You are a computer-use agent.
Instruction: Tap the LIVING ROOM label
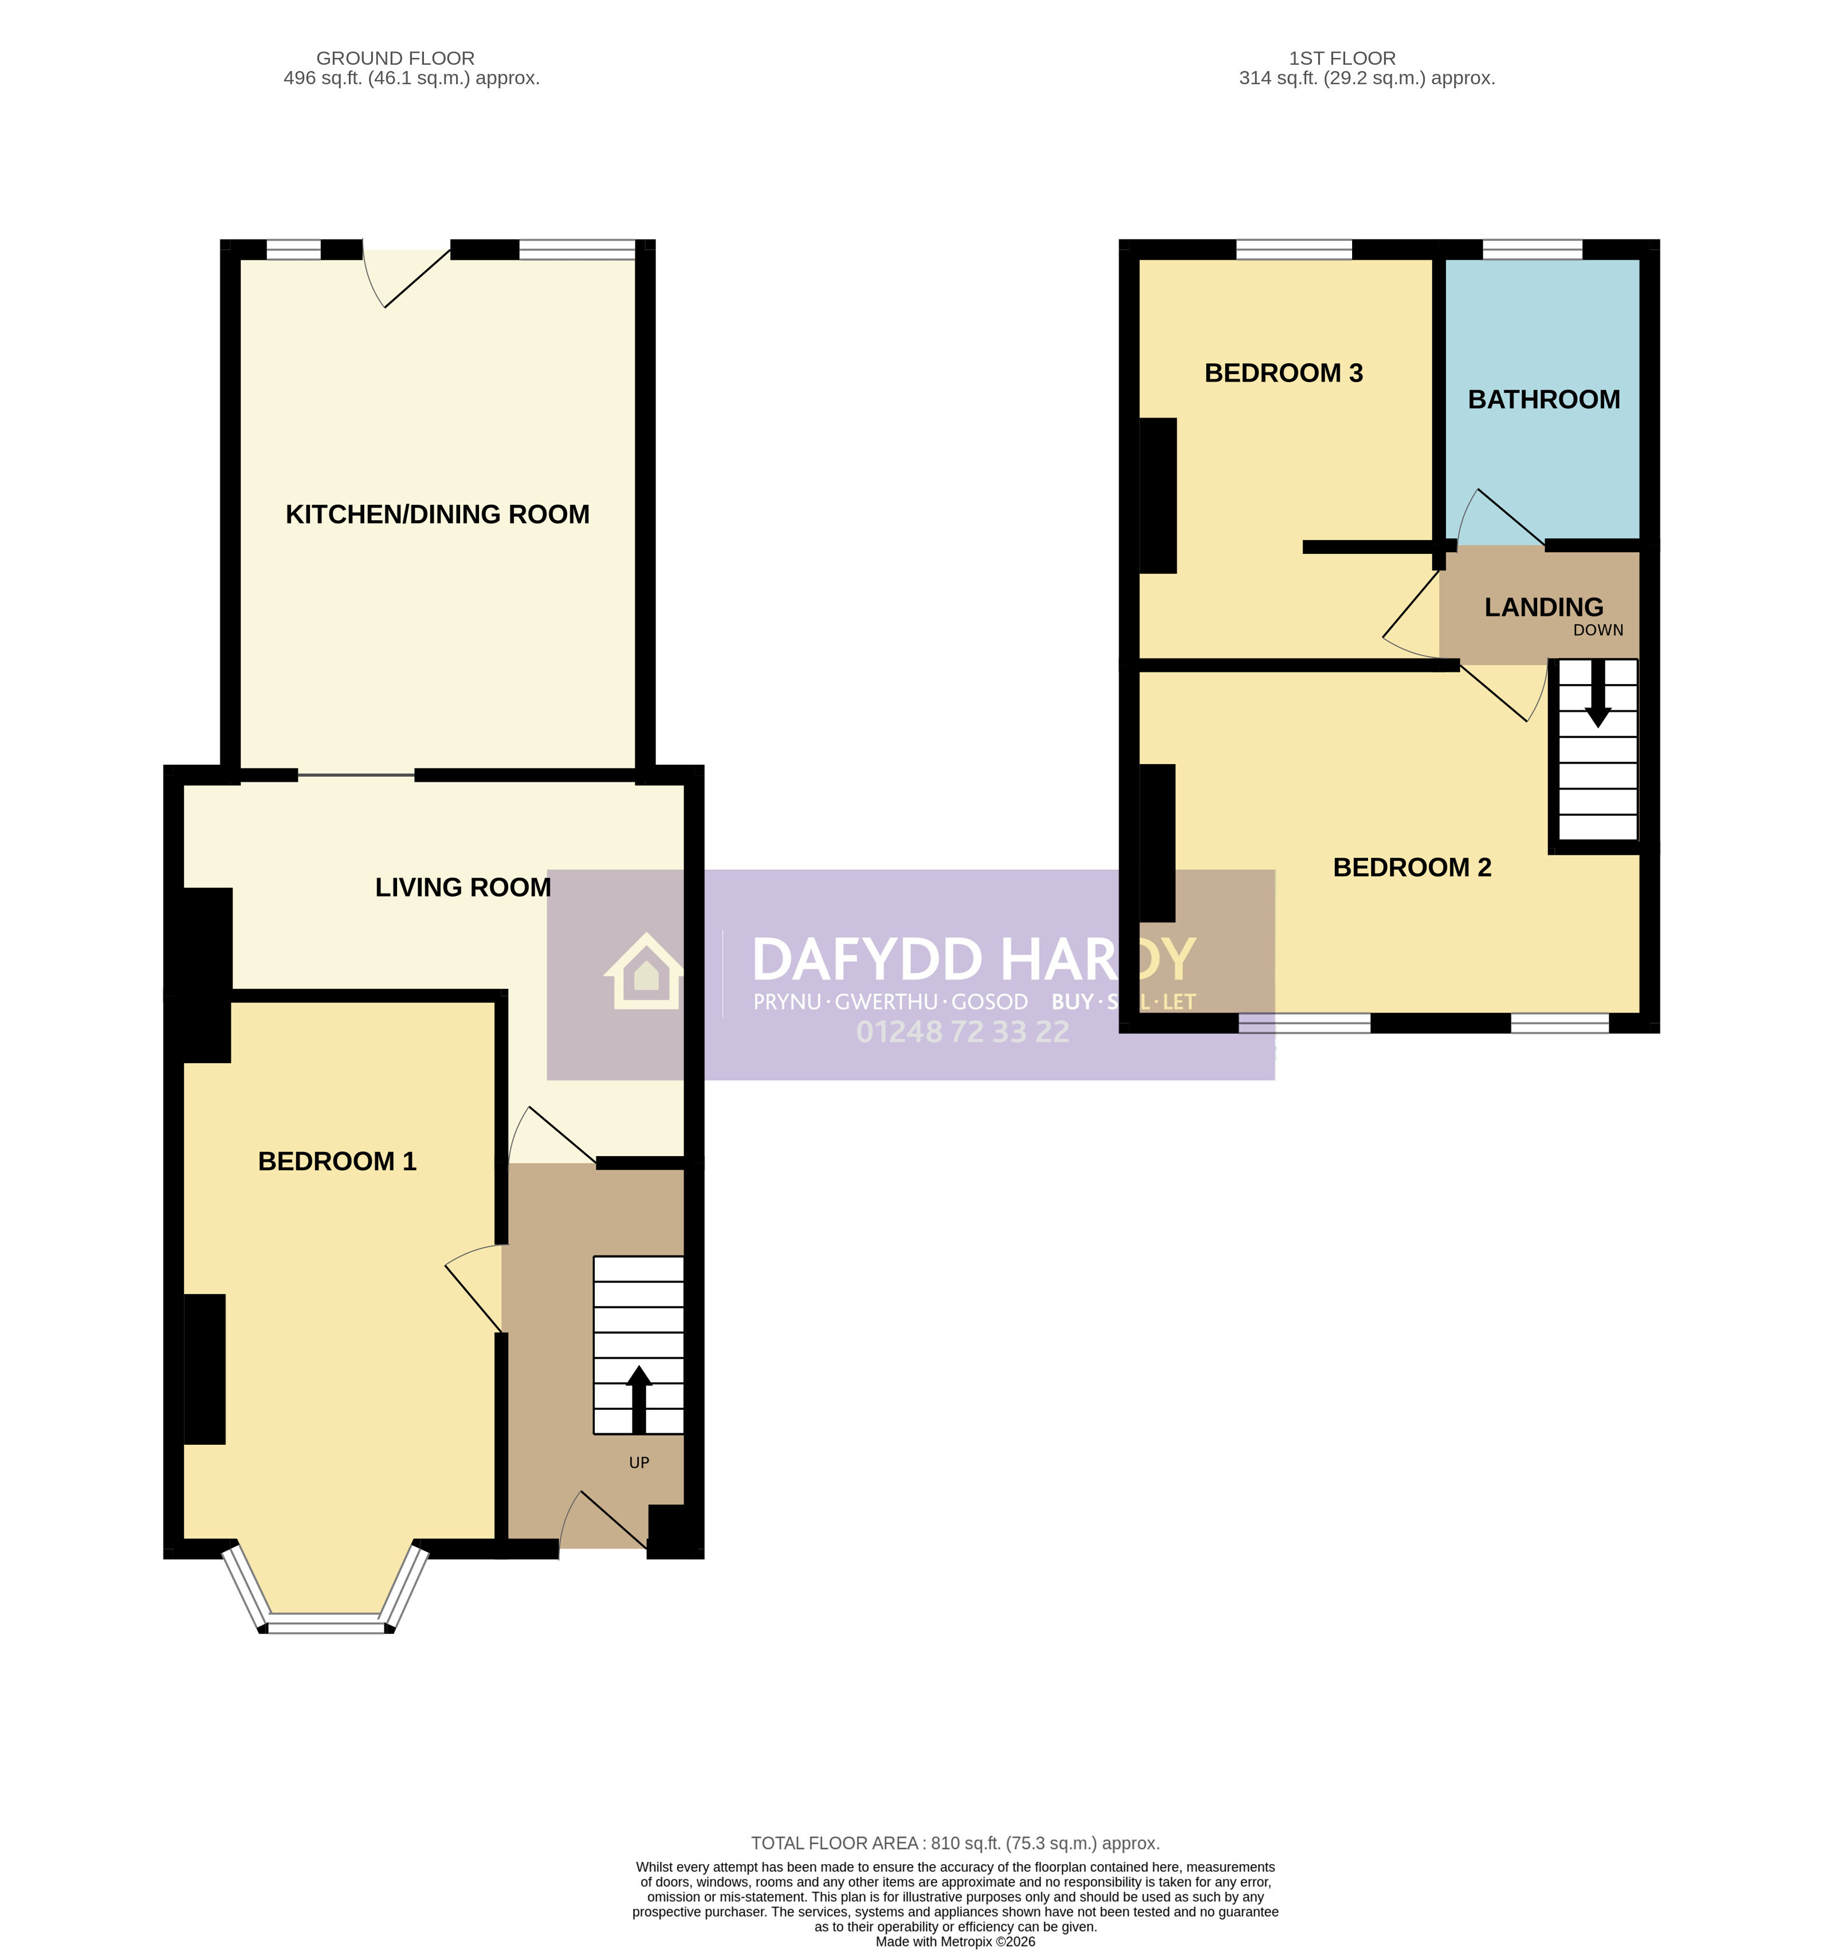point(463,887)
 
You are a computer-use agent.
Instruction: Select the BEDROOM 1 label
point(336,1161)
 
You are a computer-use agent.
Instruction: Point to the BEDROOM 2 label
point(1412,867)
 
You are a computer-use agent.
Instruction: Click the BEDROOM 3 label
point(1283,373)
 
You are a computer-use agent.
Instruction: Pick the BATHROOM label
point(1543,399)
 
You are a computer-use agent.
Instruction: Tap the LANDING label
point(1543,607)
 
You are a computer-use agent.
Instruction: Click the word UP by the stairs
point(639,1463)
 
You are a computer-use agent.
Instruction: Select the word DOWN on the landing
point(1598,630)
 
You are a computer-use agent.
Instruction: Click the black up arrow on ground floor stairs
point(639,1399)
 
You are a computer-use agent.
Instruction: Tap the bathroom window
point(1533,249)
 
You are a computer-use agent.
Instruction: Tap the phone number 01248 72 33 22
point(962,1032)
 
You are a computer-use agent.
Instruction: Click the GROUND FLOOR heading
point(395,58)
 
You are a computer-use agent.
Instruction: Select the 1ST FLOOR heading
point(1342,58)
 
